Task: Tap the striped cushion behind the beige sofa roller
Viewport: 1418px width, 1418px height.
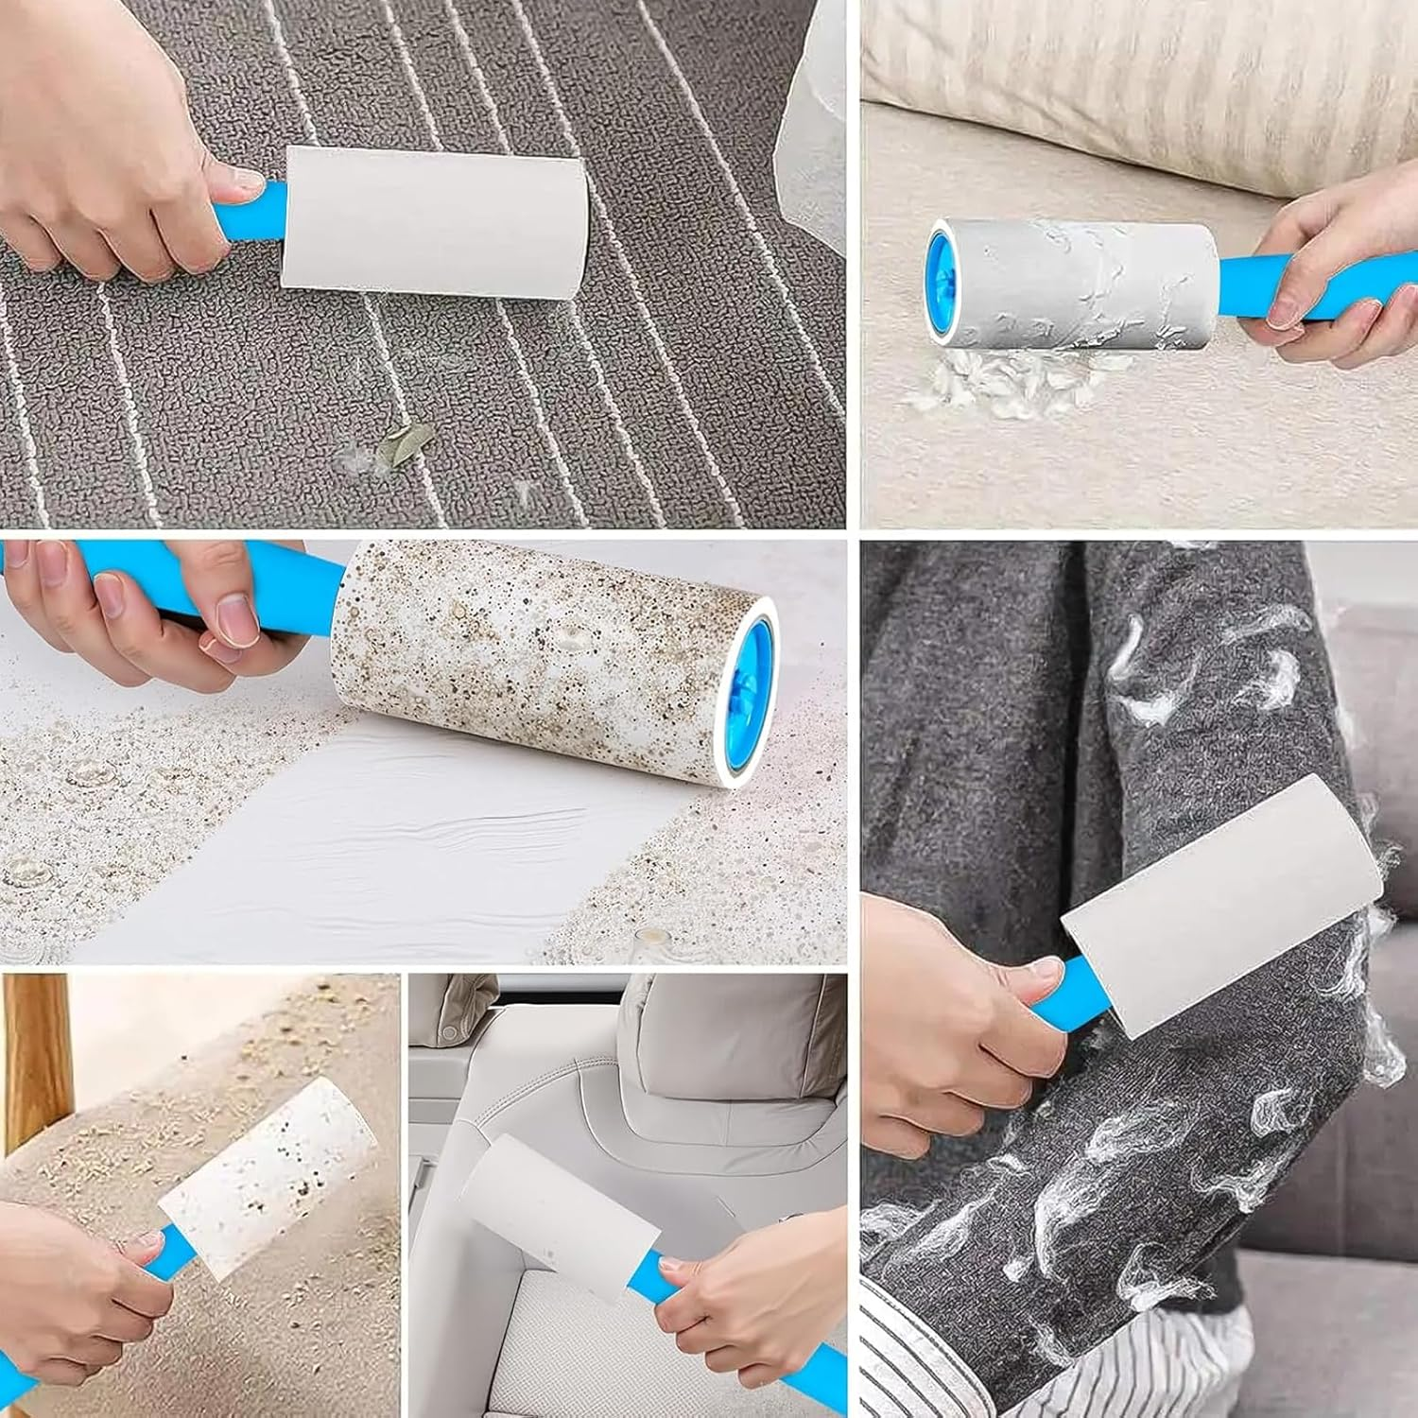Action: pos(1134,66)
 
